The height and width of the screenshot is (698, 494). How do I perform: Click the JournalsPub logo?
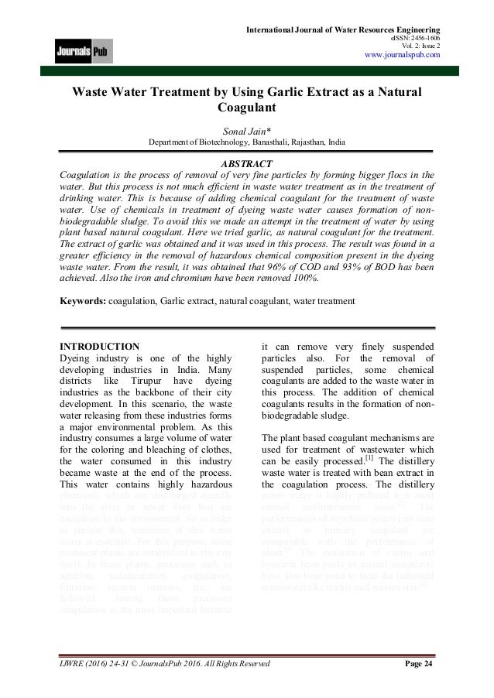(83, 53)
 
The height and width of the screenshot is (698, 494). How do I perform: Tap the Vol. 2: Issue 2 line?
(417, 44)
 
